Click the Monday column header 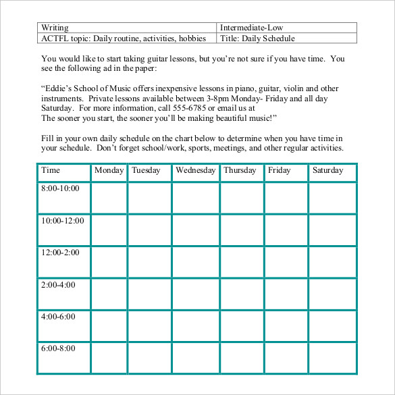tap(109, 170)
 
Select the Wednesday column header tap(195, 170)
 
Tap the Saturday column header tap(328, 170)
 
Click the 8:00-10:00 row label tap(60, 188)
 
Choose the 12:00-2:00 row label tap(60, 253)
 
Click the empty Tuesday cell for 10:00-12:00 tap(149, 230)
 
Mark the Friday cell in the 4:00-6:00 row tap(286, 326)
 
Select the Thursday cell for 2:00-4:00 tap(242, 294)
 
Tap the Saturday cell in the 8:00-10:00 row tap(332, 197)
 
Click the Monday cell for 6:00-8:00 tap(109, 358)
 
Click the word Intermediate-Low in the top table tap(248, 28)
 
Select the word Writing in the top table tap(55, 28)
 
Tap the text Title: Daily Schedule tap(257, 38)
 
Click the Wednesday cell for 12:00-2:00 tap(195, 262)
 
